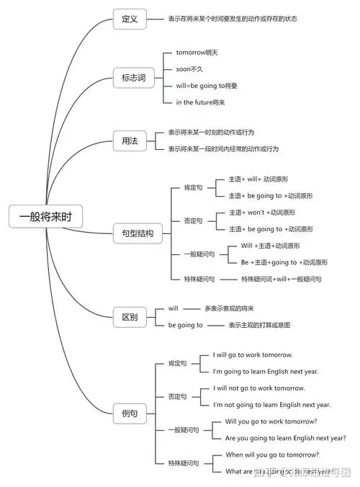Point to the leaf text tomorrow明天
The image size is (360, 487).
tap(197, 53)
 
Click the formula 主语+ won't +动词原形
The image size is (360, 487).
tap(264, 213)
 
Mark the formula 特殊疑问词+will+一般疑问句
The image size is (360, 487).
tap(281, 279)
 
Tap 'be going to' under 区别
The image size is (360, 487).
tap(185, 325)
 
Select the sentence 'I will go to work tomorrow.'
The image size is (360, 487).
tap(253, 355)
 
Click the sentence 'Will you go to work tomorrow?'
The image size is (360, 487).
tap(271, 421)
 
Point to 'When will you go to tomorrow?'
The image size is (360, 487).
tap(272, 455)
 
